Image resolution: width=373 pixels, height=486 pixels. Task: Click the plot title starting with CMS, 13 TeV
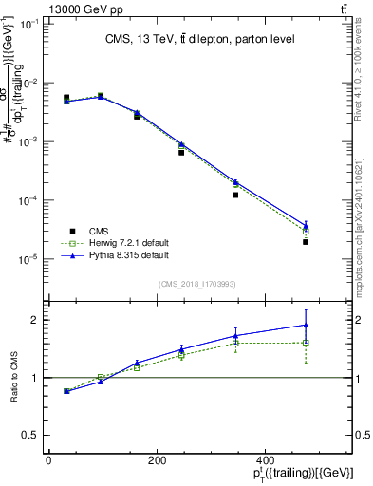198,39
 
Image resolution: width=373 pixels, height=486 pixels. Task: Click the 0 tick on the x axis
48,460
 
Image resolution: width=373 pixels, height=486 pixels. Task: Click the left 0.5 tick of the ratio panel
32,436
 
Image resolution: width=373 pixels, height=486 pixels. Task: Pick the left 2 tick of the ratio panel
34,320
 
